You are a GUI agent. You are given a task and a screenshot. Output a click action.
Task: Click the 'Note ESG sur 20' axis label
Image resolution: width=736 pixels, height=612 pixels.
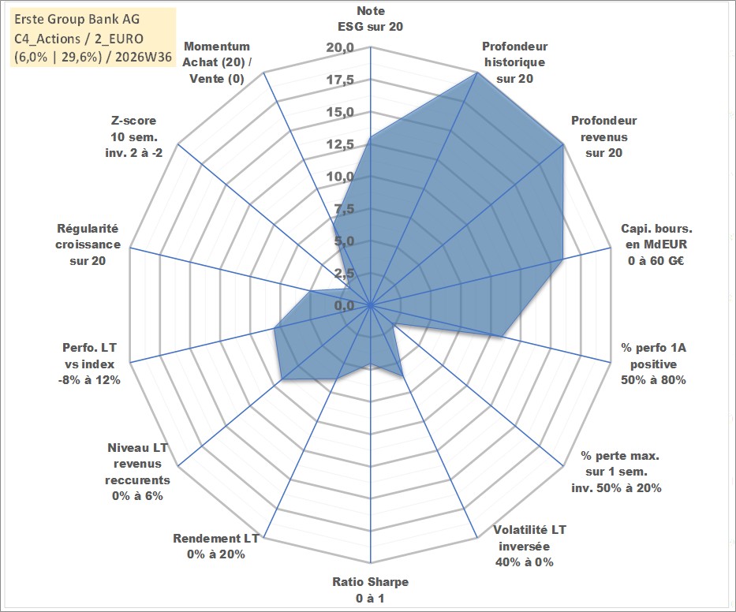click(x=370, y=19)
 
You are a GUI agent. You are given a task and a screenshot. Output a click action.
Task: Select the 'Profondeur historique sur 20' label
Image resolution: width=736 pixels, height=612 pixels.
click(x=514, y=62)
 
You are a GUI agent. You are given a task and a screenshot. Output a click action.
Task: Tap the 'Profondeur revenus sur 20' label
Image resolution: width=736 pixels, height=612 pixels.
click(x=603, y=136)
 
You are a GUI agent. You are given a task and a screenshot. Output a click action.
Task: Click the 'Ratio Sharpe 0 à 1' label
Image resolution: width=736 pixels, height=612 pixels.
click(x=370, y=590)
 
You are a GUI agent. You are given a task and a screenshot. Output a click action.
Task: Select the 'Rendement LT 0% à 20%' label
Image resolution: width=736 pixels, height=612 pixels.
click(x=216, y=547)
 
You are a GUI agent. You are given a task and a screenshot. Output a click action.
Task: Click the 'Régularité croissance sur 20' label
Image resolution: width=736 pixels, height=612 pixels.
click(x=88, y=244)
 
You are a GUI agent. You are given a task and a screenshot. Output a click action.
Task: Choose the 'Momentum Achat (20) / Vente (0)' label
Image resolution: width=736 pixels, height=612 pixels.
click(x=217, y=62)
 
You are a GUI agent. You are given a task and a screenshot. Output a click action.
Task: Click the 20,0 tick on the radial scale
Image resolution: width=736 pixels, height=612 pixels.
click(x=340, y=48)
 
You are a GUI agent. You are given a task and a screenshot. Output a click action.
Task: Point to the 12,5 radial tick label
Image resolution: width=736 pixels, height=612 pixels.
click(x=340, y=144)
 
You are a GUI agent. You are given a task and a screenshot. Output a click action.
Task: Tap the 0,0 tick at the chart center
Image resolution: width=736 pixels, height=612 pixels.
click(x=345, y=305)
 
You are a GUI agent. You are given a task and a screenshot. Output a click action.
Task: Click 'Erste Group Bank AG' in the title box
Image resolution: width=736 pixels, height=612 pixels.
click(x=77, y=19)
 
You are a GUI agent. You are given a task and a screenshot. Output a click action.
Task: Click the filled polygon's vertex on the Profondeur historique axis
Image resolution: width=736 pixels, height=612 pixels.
click(x=477, y=73)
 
